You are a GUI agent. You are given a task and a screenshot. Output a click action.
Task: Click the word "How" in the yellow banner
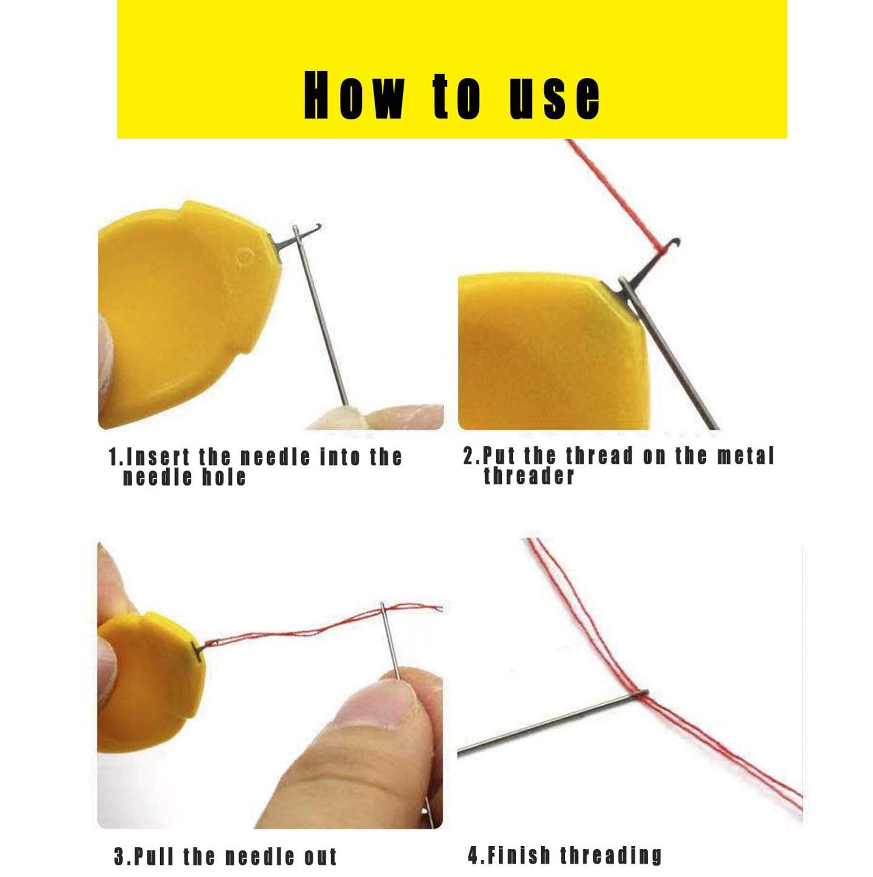point(354,96)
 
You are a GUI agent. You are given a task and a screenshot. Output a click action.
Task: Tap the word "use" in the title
point(554,97)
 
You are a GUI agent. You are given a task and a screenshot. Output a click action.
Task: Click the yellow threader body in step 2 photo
point(548,351)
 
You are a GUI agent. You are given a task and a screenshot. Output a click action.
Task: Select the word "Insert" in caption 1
point(157,456)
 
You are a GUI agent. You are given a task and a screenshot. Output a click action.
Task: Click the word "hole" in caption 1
point(224,477)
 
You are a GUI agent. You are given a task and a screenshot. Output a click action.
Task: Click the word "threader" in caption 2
point(529,476)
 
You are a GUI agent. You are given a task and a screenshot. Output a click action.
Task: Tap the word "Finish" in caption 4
point(518,855)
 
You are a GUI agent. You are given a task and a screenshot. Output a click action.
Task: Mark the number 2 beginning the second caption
point(468,455)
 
